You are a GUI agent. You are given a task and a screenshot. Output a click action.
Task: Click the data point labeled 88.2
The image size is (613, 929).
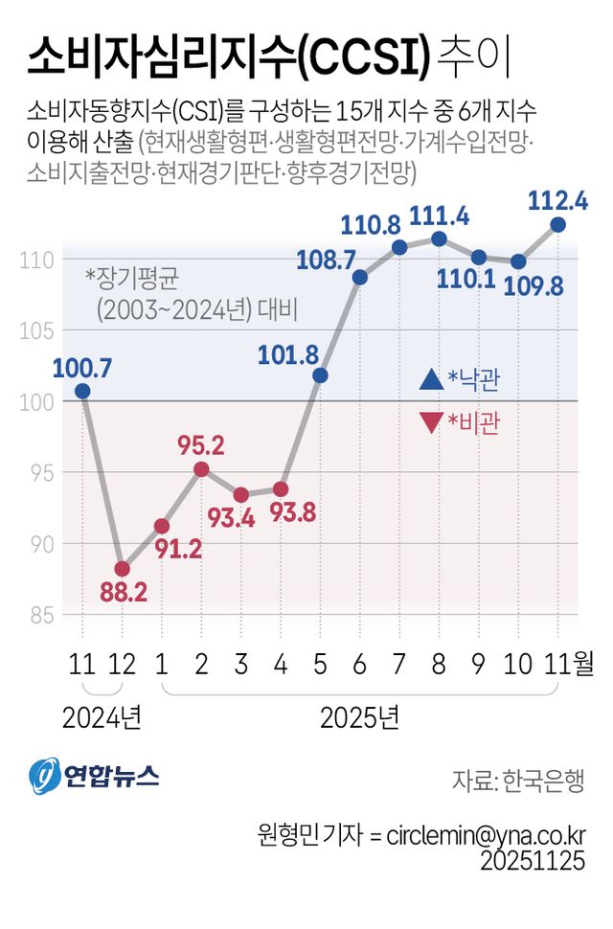pos(122,569)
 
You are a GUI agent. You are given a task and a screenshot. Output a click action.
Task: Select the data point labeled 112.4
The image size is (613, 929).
pos(558,224)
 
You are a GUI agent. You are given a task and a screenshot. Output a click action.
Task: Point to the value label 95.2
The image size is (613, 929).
pos(201,445)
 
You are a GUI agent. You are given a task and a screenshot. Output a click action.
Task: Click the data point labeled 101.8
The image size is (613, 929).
pos(320,375)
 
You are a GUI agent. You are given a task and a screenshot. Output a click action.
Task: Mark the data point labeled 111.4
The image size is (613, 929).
pos(439,238)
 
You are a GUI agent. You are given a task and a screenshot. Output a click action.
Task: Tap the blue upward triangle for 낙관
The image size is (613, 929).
pos(431,380)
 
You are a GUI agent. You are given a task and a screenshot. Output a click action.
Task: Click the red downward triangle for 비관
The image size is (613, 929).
pos(431,422)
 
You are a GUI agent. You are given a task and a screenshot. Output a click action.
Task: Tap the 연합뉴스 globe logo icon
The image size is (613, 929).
pos(43,776)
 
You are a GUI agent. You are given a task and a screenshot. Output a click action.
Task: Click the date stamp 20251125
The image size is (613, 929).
pos(532,861)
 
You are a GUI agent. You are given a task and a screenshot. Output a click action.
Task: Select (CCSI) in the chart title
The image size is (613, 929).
pos(364,57)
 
